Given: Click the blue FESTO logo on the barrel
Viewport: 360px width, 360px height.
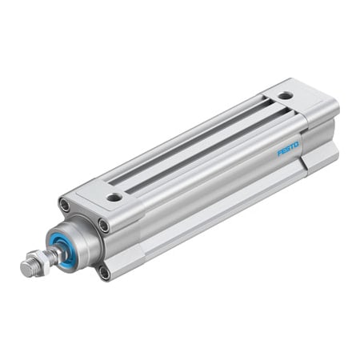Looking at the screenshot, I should coord(288,149).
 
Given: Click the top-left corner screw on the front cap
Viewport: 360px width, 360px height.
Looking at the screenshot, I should coord(64,206).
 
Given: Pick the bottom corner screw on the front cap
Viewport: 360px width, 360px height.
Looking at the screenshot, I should coord(104,272).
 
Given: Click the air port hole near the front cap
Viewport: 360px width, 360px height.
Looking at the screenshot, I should coord(114,196).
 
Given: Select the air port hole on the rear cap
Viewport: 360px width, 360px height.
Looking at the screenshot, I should coord(286,96).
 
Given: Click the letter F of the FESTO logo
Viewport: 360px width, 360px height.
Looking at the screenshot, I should coord(280,153).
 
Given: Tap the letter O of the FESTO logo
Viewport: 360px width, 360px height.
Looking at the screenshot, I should coord(296,145).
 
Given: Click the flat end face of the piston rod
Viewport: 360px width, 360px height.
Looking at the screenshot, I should coord(25,270).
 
